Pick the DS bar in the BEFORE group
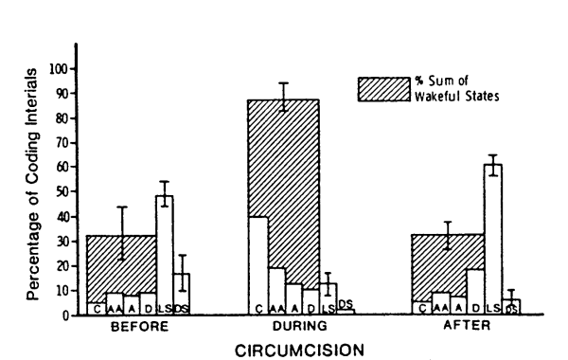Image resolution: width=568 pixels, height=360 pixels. [x=182, y=295]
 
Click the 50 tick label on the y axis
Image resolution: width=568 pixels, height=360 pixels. [x=61, y=192]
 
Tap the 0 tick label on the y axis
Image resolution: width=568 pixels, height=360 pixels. [x=65, y=315]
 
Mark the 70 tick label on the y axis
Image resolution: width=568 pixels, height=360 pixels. [x=61, y=143]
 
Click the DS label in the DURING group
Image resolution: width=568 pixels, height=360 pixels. [x=346, y=303]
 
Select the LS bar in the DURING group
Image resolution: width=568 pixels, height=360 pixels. [x=328, y=299]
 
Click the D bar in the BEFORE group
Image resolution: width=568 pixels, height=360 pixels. [x=148, y=304]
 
